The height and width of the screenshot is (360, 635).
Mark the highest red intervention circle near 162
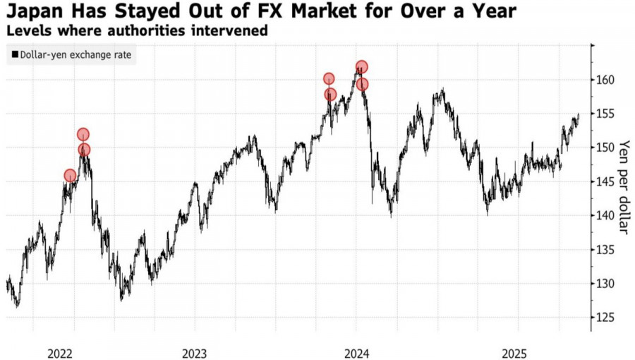coord(361,68)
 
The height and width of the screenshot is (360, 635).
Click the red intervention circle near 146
coord(70,176)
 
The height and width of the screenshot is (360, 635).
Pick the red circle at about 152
coord(83,134)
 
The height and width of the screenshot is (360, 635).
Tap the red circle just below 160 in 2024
coord(363,85)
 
